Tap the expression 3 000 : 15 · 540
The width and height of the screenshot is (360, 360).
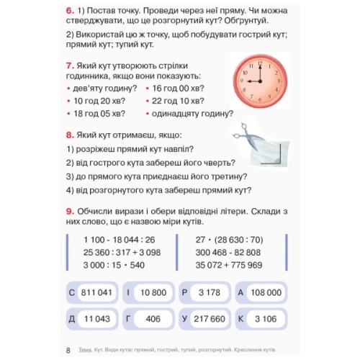coord(114,264)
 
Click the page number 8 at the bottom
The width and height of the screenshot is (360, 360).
coord(68,350)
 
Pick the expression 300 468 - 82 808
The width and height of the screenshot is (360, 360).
coord(228,252)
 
